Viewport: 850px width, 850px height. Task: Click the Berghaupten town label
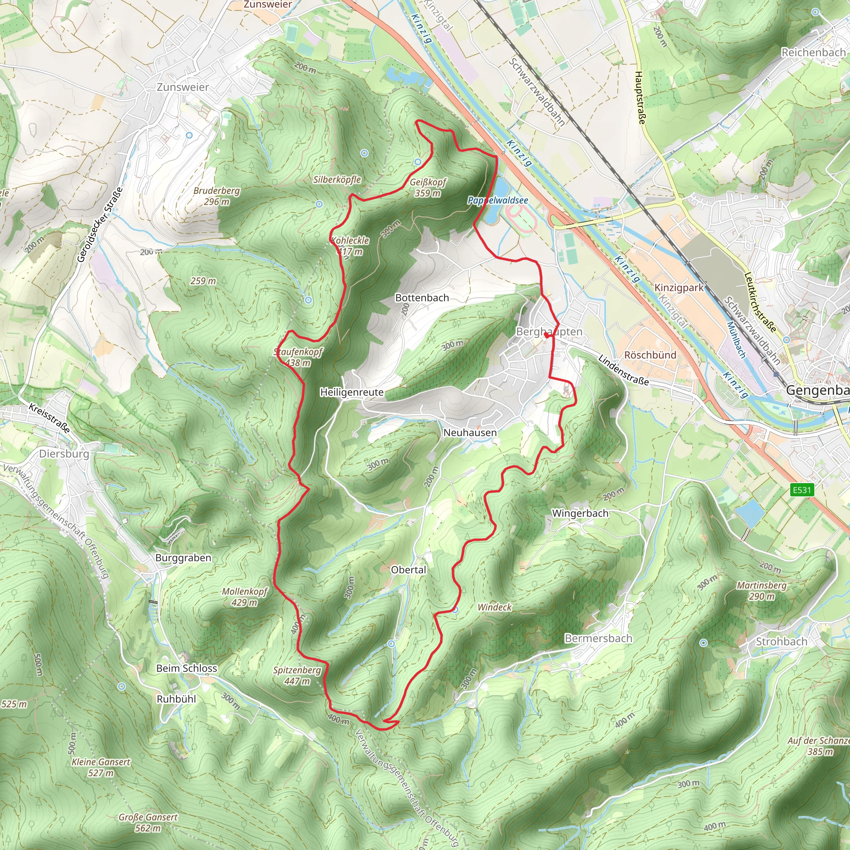point(549,332)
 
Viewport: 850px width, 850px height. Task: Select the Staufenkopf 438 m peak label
point(298,357)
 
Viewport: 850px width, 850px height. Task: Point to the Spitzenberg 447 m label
point(297,675)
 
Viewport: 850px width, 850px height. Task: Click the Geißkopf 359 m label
point(427,188)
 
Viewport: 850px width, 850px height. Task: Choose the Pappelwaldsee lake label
point(498,200)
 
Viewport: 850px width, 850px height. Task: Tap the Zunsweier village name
point(183,87)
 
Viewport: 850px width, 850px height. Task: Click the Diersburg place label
point(64,454)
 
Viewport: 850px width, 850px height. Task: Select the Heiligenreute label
point(352,392)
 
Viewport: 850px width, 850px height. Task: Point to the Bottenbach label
point(422,298)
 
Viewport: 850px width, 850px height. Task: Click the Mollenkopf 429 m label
point(244,596)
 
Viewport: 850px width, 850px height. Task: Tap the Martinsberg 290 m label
point(762,591)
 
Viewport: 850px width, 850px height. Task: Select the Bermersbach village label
point(598,638)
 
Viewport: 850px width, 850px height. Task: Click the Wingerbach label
point(580,513)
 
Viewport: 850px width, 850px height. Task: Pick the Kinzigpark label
point(679,288)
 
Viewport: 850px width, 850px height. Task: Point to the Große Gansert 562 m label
point(148,822)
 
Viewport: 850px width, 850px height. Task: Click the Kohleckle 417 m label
point(350,246)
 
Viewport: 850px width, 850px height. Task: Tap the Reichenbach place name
point(813,52)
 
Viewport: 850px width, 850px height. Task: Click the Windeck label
point(494,607)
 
